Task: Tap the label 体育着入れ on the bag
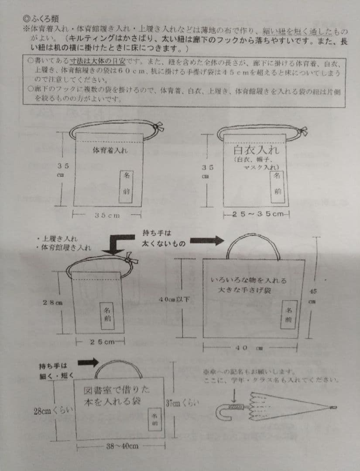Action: click(x=110, y=150)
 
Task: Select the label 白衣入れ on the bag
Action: click(x=256, y=150)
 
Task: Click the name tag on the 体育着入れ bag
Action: click(x=126, y=183)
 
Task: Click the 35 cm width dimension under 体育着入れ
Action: click(x=107, y=215)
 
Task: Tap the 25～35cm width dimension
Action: click(x=256, y=214)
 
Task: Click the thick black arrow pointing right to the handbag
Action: click(x=206, y=240)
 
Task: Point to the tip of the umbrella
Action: click(x=334, y=407)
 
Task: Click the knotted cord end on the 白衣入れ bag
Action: click(x=302, y=130)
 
